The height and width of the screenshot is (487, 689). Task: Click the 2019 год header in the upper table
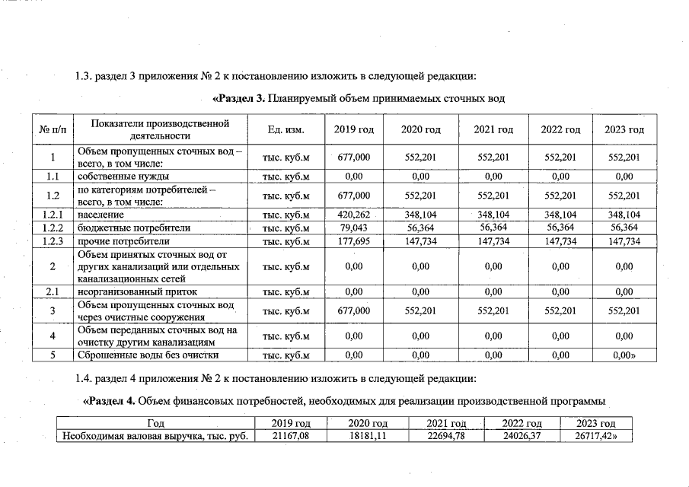(x=353, y=130)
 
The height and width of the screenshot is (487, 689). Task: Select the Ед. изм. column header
(x=286, y=130)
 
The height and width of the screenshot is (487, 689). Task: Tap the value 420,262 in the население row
(x=353, y=215)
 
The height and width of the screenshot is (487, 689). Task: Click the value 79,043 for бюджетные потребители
(x=353, y=228)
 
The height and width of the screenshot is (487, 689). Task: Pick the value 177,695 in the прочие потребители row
(x=353, y=241)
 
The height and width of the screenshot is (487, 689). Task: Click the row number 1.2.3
(x=52, y=241)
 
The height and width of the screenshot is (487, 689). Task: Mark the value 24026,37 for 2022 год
(x=522, y=436)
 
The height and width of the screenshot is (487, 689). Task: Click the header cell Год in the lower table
(x=154, y=423)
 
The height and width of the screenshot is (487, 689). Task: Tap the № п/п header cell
(x=52, y=130)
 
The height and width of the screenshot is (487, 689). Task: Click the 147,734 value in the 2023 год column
(x=624, y=241)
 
